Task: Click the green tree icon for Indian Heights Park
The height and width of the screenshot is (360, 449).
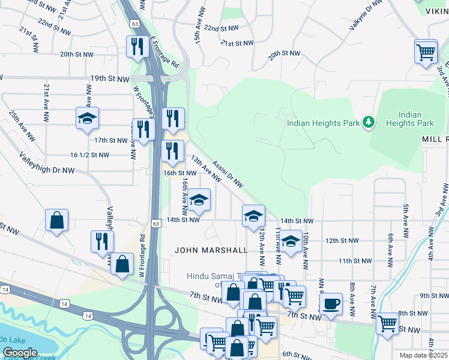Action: (x=369, y=123)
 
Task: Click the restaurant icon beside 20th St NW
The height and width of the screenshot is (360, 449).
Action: (x=137, y=46)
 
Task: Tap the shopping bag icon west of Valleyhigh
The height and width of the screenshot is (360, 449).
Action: (x=56, y=220)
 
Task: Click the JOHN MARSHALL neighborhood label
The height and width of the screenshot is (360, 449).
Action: (x=211, y=250)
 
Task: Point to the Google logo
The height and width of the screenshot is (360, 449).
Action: (x=20, y=353)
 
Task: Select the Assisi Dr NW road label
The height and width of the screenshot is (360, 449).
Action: (x=228, y=176)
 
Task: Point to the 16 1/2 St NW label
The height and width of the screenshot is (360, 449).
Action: (x=89, y=155)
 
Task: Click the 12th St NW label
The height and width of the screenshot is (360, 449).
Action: (x=342, y=241)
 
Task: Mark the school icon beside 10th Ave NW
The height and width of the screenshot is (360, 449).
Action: (x=291, y=242)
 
